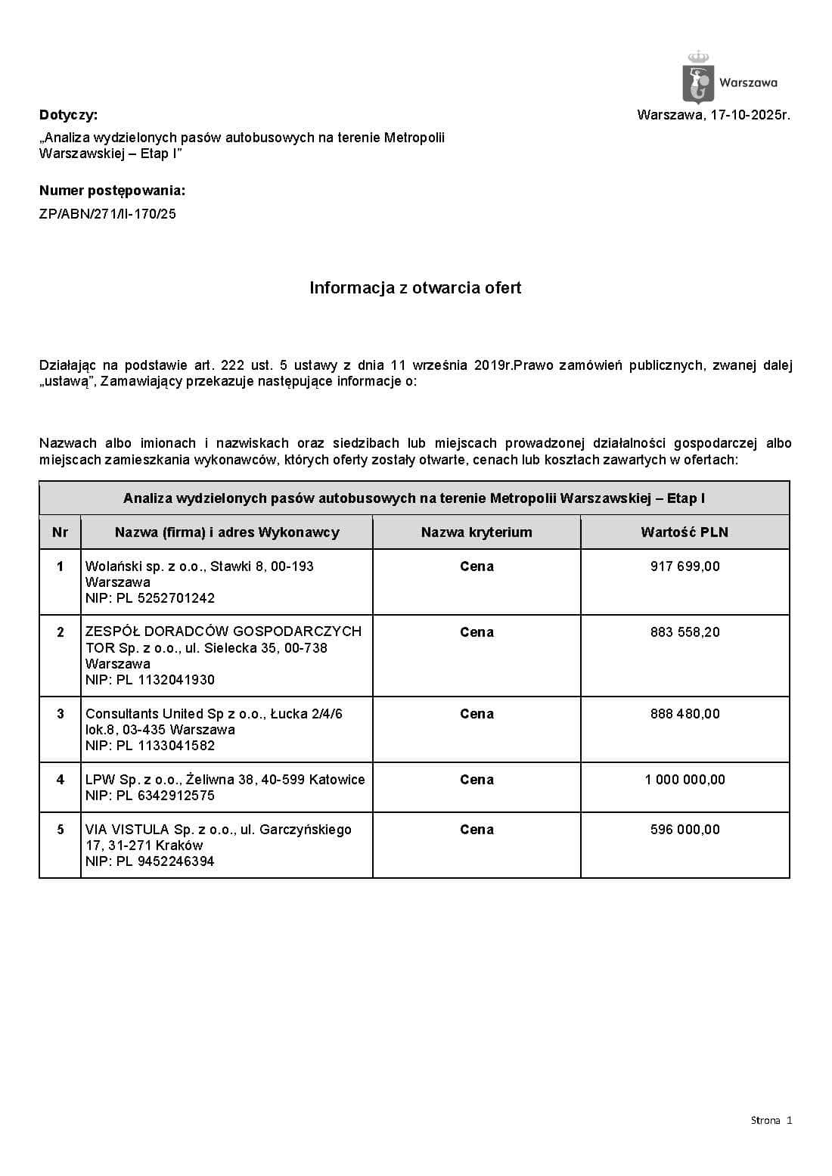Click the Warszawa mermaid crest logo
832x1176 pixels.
tap(697, 78)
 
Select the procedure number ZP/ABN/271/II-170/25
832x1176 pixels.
tap(107, 214)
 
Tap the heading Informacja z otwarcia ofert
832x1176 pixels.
tap(415, 288)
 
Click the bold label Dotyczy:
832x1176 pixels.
tap(68, 116)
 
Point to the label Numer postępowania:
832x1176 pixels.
tap(112, 191)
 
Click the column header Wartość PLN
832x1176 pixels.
tap(685, 532)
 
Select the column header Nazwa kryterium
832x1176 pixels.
tap(477, 532)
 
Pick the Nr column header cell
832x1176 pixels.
tap(61, 532)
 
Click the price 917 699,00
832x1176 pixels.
tap(685, 566)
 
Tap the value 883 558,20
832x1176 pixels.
tap(685, 632)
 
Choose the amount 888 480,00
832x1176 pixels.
tap(685, 714)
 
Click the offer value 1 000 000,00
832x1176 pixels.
tap(685, 780)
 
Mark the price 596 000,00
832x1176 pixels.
tap(685, 830)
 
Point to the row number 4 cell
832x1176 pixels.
tap(61, 780)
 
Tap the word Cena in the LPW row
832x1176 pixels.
tap(477, 780)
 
